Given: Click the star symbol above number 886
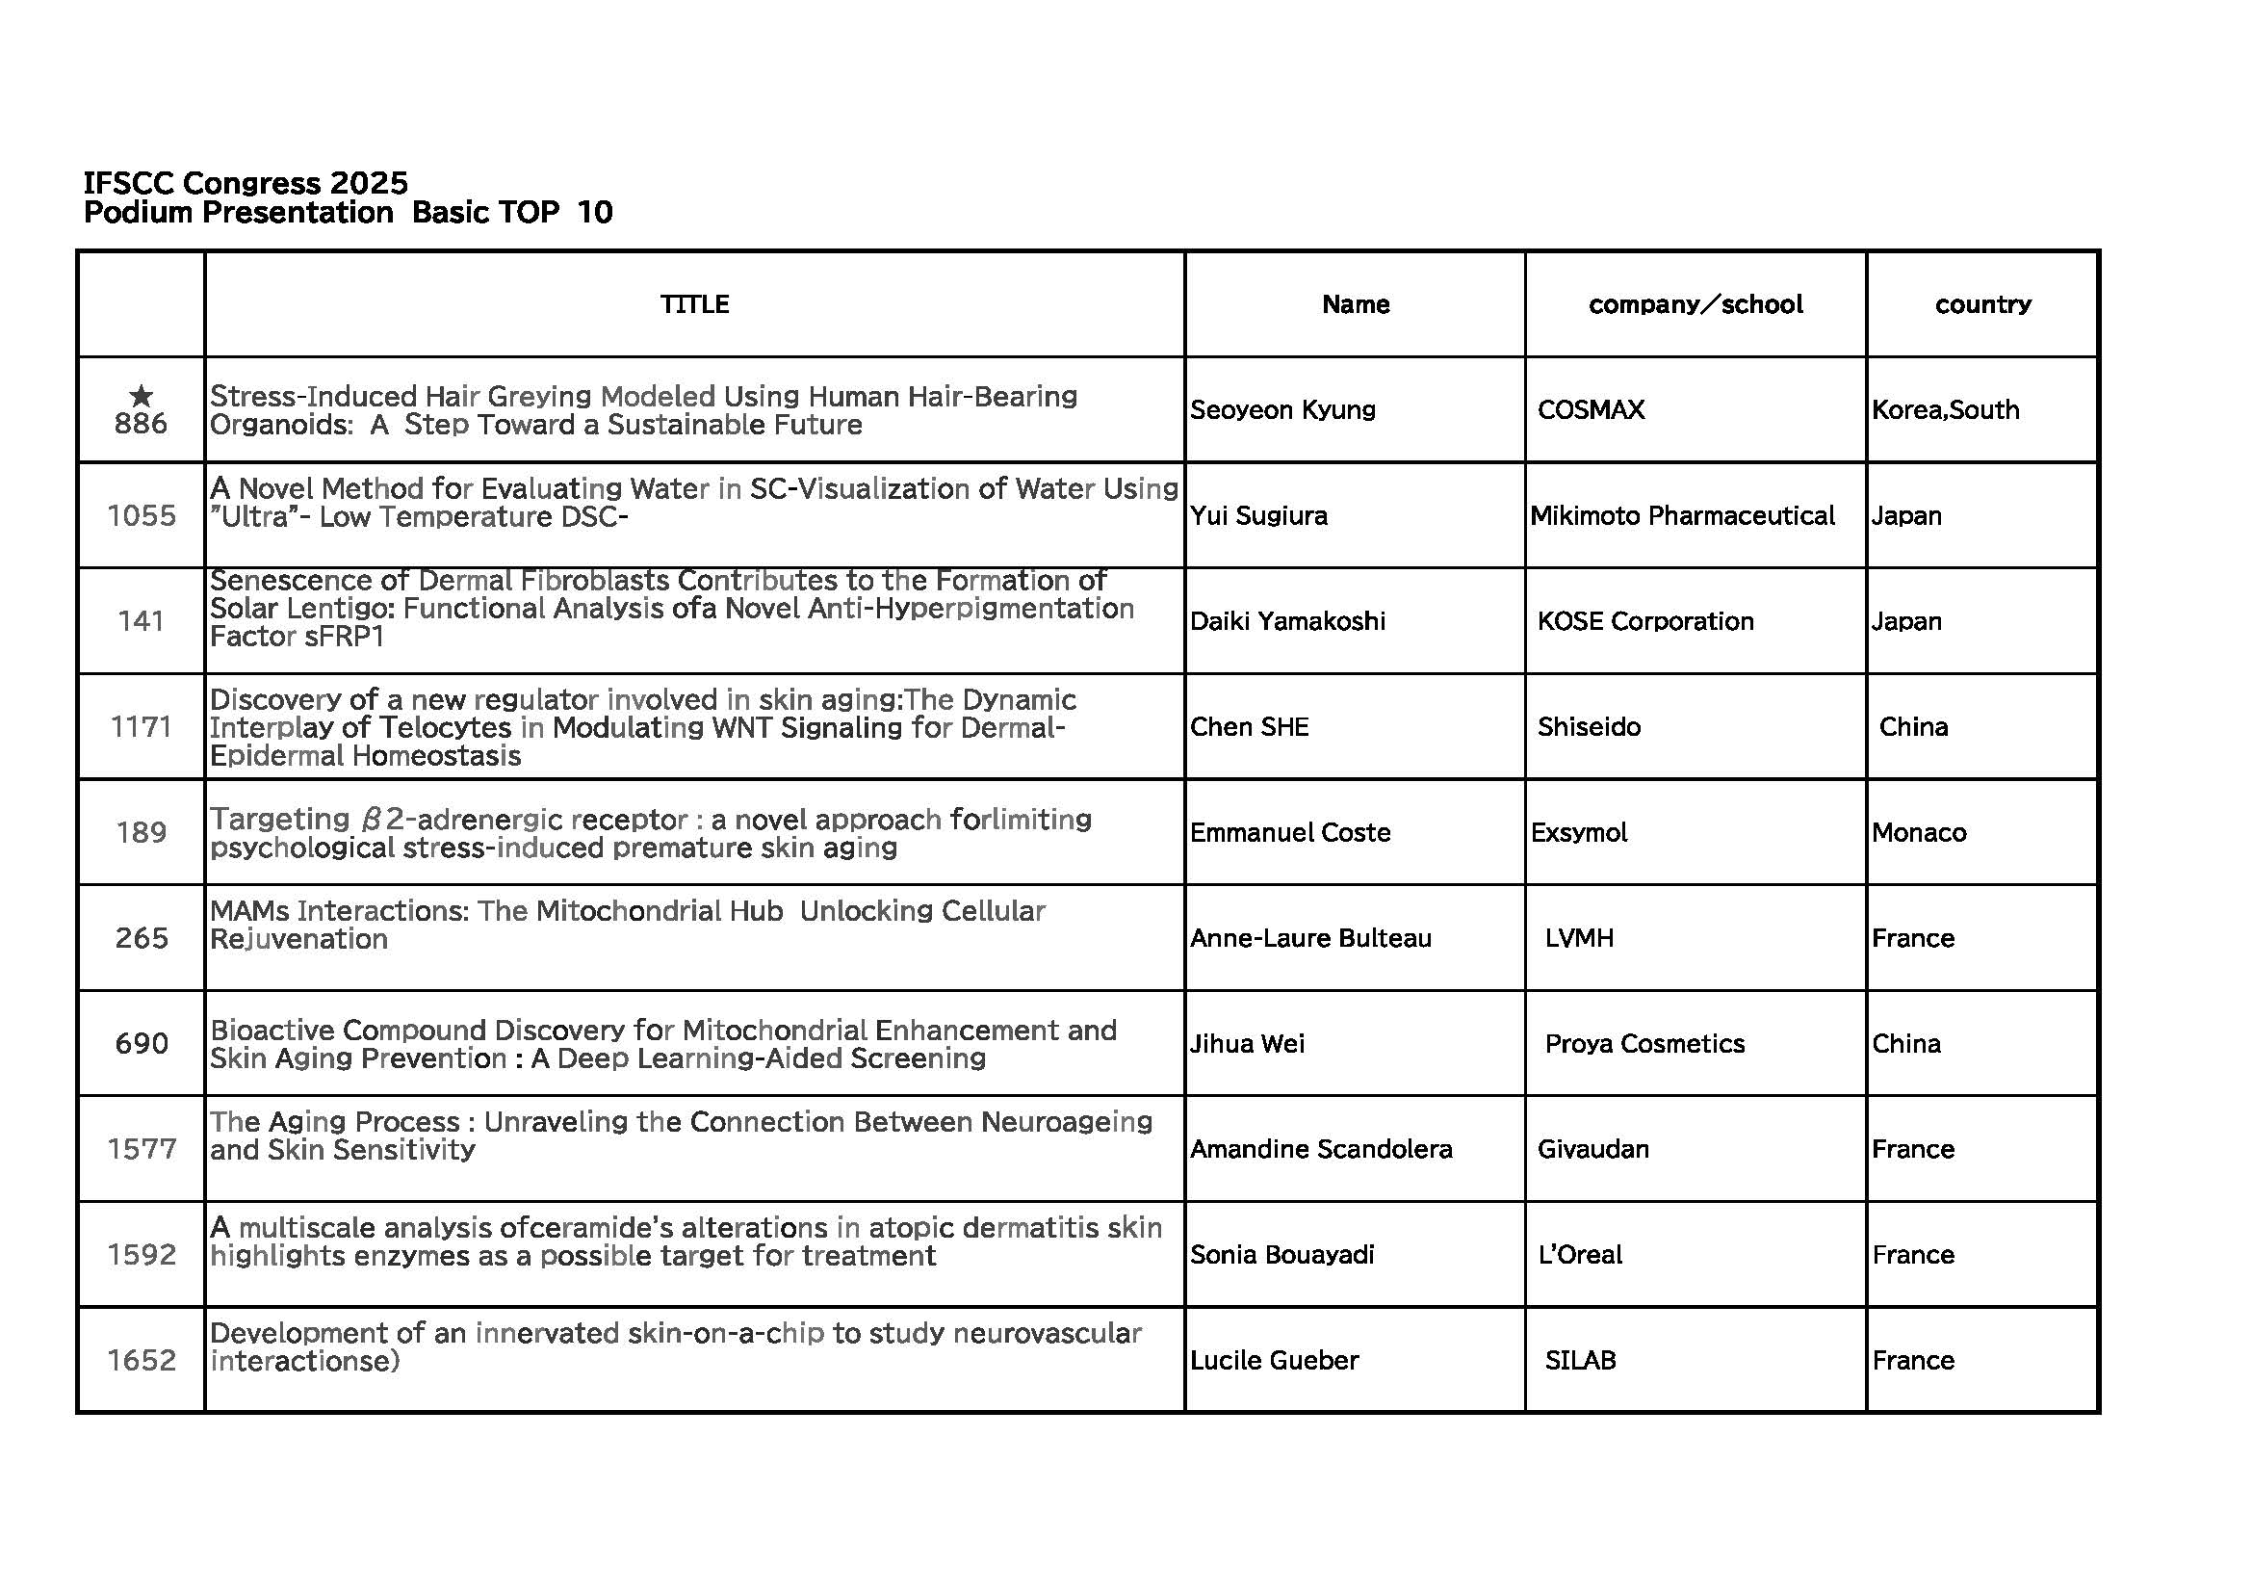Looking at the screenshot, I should (142, 396).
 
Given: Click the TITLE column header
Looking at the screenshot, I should (694, 305).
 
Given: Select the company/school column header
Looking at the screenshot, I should (1695, 305).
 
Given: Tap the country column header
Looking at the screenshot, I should (1982, 305).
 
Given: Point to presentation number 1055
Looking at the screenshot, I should (142, 516).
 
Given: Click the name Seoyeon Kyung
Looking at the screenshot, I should (1281, 410).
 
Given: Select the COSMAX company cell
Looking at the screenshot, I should (1590, 410).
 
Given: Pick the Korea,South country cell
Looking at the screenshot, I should (1945, 410).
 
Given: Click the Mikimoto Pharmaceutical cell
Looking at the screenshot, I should (1682, 516).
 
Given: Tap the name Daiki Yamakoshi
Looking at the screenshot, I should (1287, 621).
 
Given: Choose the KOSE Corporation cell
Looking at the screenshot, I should (1644, 621).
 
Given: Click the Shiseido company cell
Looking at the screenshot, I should (1588, 727).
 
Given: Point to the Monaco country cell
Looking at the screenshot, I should (1919, 833).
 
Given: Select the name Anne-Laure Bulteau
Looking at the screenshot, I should (1310, 939).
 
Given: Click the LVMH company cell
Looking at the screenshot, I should (1578, 939).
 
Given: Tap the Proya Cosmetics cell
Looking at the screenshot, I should (1644, 1044).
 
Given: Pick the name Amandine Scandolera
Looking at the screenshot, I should (1320, 1150).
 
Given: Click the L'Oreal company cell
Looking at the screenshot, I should (1579, 1255).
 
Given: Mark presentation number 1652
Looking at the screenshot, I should (142, 1361).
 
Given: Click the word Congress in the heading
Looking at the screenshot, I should (252, 183).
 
